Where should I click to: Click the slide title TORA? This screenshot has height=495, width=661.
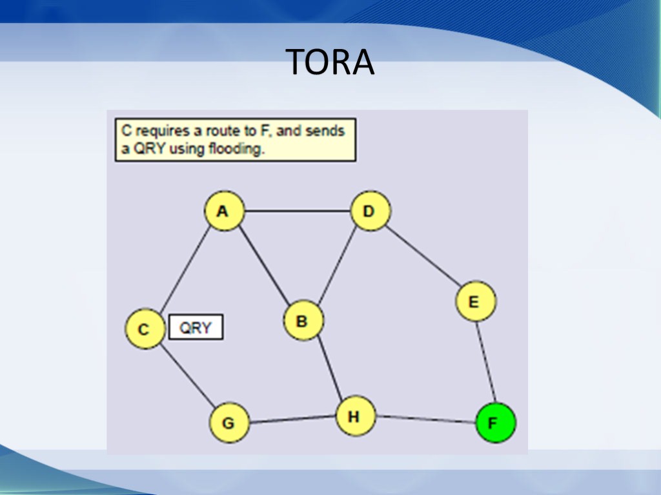coord(330,62)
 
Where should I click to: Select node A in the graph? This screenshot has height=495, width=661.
coord(224,211)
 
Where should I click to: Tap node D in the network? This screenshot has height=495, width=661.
coord(371,211)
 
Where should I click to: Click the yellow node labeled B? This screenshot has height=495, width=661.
coord(303,320)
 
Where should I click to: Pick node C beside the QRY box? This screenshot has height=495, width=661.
coord(145,329)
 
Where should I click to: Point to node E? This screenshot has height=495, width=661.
coord(476,302)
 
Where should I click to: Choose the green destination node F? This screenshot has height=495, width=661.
coord(495,423)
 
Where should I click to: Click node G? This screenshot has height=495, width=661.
coord(229,423)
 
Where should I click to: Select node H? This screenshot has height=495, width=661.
coord(356,416)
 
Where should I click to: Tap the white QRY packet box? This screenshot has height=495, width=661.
coord(196,327)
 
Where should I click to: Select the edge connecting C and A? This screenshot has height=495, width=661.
coord(185,269)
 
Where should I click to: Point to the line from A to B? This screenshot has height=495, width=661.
coord(263,266)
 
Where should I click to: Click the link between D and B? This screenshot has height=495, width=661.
coord(337,266)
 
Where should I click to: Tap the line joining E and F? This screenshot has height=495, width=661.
coord(485,362)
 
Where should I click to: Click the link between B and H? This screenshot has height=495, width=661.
coord(329,369)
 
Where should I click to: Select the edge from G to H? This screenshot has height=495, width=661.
coord(292,420)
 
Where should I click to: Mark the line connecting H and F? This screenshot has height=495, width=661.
coord(425,420)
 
